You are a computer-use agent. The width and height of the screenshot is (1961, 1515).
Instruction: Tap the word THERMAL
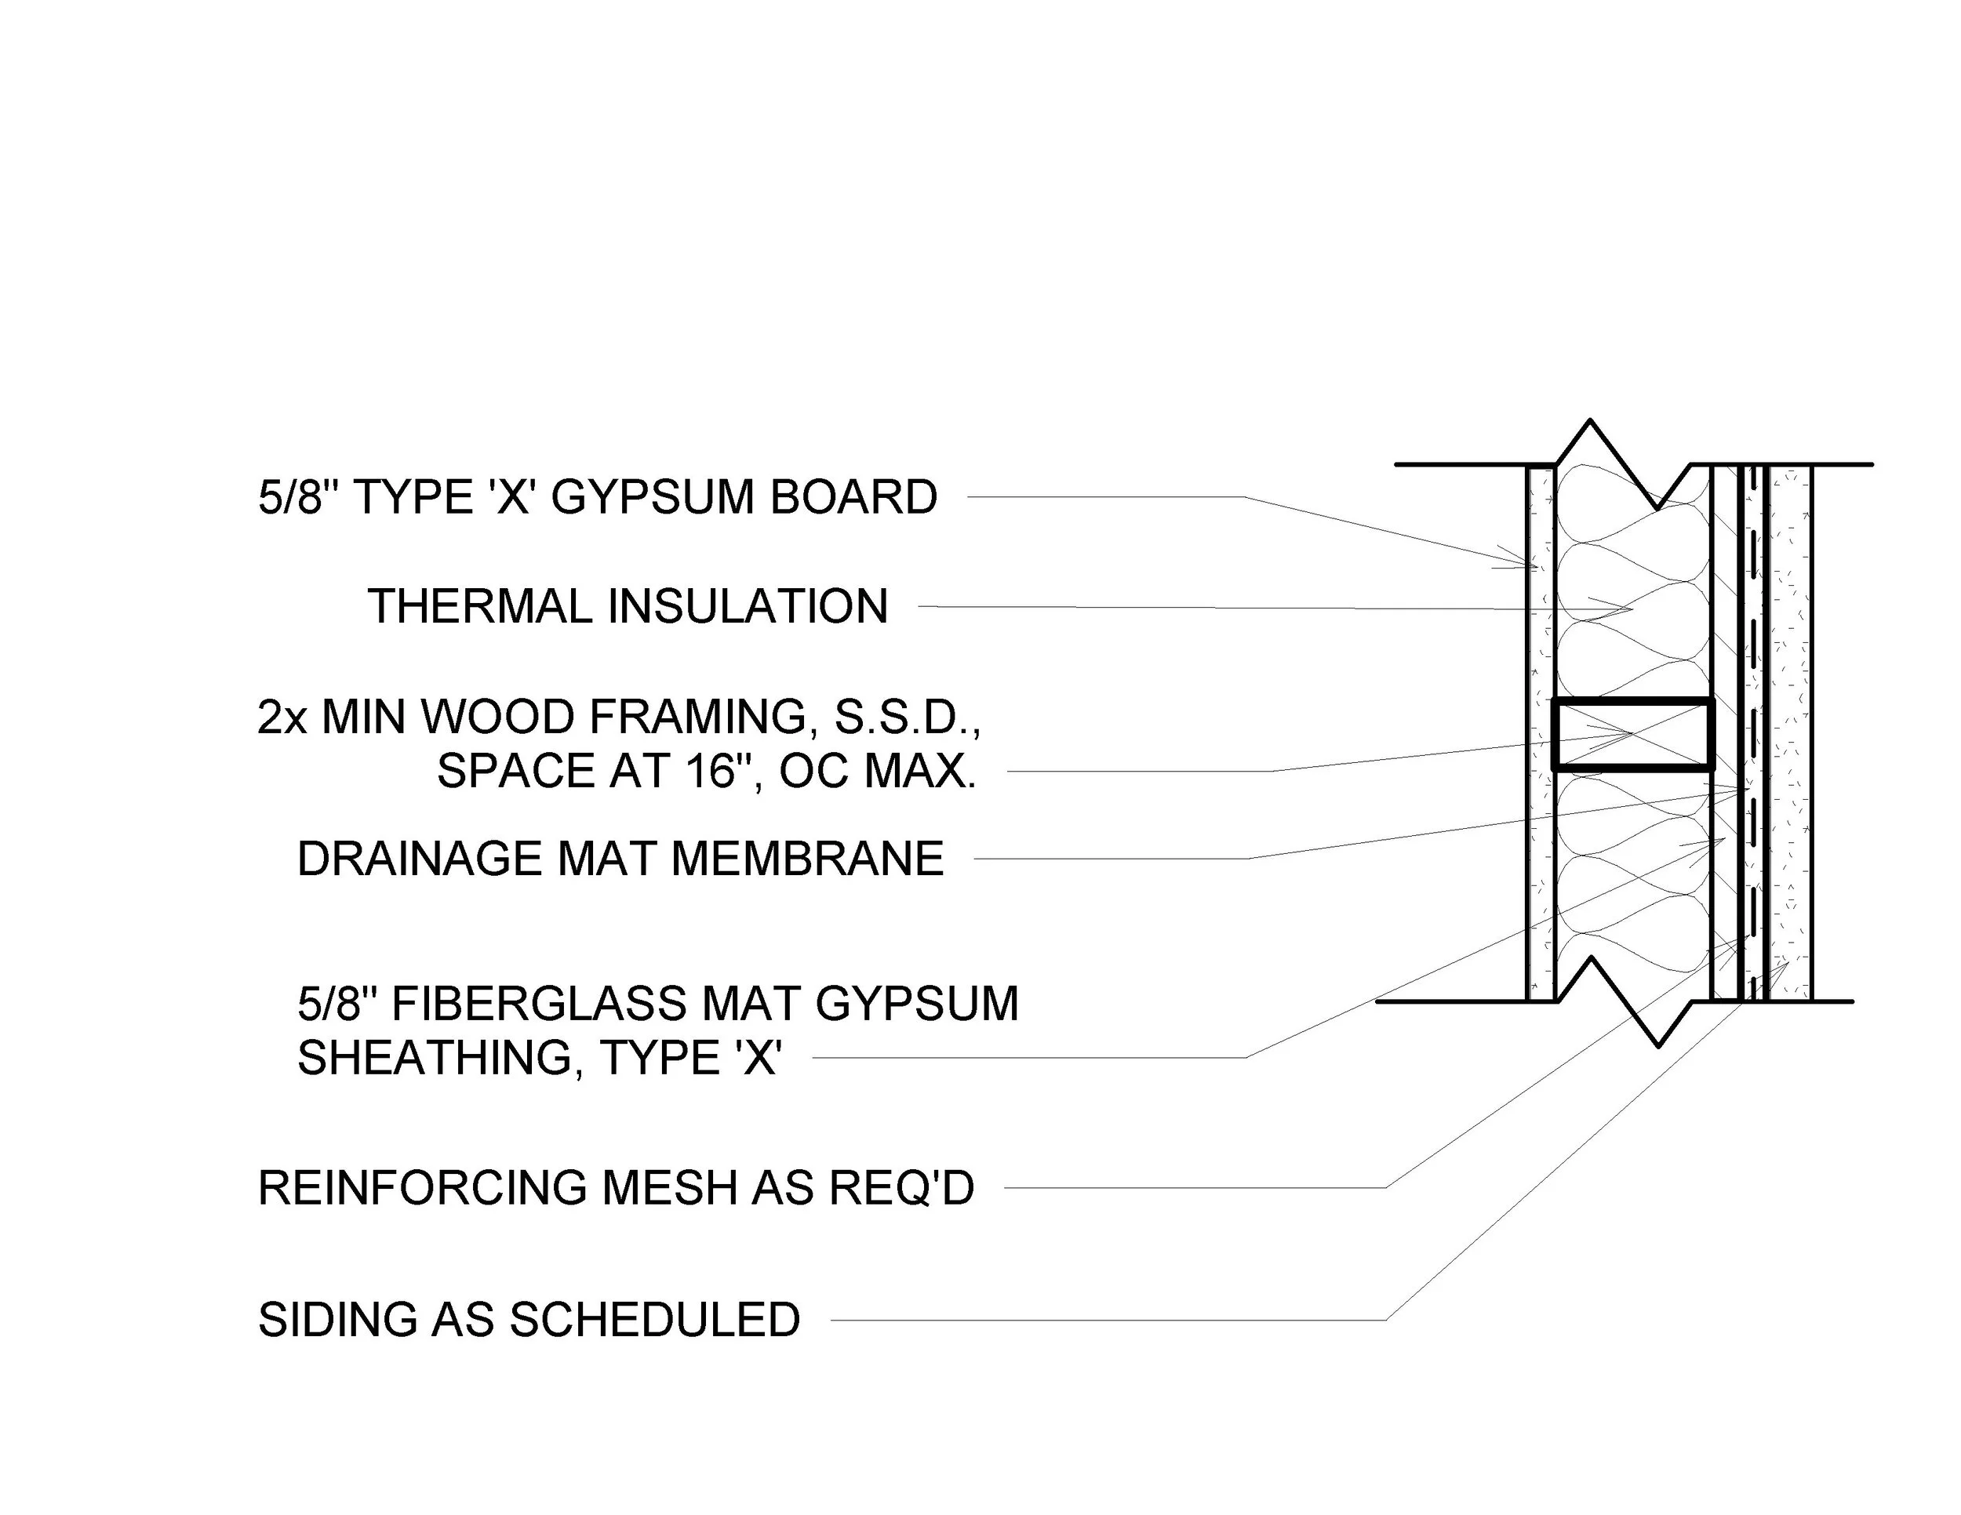coord(480,607)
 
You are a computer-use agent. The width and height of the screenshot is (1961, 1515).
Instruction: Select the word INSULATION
coord(748,607)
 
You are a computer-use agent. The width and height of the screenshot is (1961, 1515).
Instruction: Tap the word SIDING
coord(337,1321)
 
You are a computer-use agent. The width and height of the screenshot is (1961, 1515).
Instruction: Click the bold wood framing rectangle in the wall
coord(1632,734)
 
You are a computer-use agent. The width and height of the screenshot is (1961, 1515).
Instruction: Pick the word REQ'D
coord(900,1188)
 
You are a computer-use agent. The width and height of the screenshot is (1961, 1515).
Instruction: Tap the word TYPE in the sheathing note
coord(657,1058)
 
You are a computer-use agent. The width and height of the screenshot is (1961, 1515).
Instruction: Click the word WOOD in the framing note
coord(497,717)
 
